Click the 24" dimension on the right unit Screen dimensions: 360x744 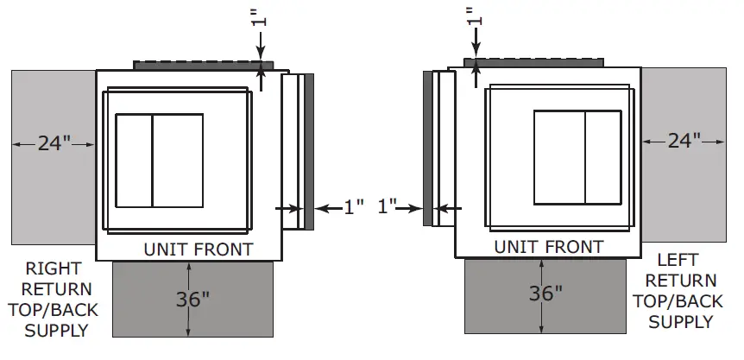684,141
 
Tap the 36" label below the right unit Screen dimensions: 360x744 545,292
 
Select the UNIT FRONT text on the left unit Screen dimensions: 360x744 198,250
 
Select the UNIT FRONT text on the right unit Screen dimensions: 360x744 549,247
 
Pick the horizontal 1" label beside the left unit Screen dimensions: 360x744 354,207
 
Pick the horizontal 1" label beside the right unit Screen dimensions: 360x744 388,206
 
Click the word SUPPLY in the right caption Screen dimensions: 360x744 680,322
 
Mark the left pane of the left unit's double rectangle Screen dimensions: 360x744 134,161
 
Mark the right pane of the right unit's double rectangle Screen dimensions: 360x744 603,158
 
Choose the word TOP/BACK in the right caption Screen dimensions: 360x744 680,301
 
